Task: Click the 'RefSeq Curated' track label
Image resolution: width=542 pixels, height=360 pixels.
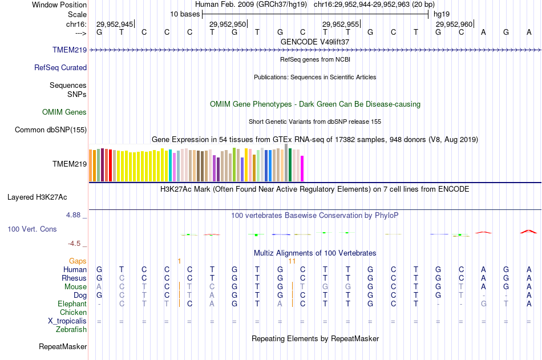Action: pos(60,67)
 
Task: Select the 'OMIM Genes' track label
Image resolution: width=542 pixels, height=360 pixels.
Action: pos(64,112)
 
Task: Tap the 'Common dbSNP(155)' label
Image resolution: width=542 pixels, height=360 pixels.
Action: pos(51,130)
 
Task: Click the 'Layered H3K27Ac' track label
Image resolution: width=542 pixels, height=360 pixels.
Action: pos(37,197)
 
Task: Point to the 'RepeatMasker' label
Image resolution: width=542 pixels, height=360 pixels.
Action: pos(63,346)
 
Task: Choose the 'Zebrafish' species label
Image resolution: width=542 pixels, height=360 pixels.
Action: pos(71,329)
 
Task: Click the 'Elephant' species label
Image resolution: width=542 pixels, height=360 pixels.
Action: pos(72,304)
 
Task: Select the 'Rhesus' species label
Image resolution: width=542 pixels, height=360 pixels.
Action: pos(74,278)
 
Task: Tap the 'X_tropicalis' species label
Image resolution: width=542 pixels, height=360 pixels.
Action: pos(67,321)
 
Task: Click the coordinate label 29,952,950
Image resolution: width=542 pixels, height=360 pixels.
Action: pos(228,24)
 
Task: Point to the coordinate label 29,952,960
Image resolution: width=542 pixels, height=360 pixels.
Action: pos(454,24)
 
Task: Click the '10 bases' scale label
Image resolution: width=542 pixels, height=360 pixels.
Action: pos(185,13)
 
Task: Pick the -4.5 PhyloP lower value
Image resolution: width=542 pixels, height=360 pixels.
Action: pos(75,243)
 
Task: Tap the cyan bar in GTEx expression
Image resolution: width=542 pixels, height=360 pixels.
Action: pos(171,166)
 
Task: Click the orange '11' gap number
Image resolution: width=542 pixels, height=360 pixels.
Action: pos(292,261)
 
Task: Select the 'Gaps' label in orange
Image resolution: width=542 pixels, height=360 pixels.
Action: pos(78,261)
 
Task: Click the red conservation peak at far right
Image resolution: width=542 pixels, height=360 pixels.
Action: pos(528,231)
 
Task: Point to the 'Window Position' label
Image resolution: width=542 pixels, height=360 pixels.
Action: pos(59,5)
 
